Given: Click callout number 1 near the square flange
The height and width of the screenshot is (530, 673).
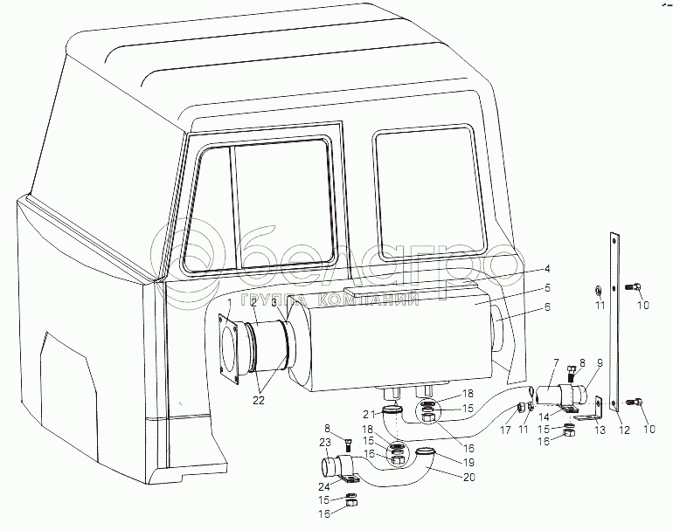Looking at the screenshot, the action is [x=230, y=303].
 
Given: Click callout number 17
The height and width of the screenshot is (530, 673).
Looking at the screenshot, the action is [x=504, y=429].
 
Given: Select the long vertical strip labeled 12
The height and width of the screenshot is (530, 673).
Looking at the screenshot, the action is [x=615, y=323].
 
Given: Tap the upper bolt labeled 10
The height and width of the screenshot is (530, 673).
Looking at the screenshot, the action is [x=633, y=287].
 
